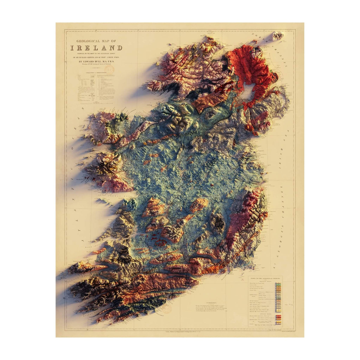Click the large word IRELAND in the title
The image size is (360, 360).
point(96,48)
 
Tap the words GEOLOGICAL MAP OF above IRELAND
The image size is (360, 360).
point(96,41)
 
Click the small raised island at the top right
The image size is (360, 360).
point(277,36)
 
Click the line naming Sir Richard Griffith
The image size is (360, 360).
point(96,57)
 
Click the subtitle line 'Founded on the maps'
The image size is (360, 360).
point(96,53)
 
